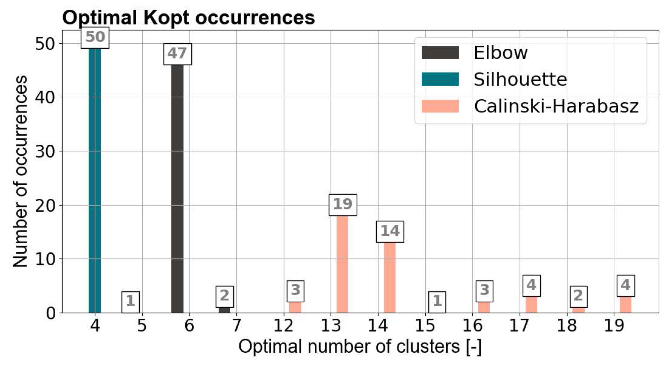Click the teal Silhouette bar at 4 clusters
[95, 181]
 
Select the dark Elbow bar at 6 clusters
[177, 187]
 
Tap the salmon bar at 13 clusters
[342, 263]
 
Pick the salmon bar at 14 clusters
[390, 277]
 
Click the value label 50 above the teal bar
[95, 37]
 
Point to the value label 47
[177, 54]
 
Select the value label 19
[343, 205]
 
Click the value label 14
[390, 232]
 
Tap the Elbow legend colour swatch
[440, 53]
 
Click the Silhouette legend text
[520, 80]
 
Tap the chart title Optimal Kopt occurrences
[188, 18]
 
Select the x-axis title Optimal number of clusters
[360, 346]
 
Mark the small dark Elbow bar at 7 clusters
[224, 310]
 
